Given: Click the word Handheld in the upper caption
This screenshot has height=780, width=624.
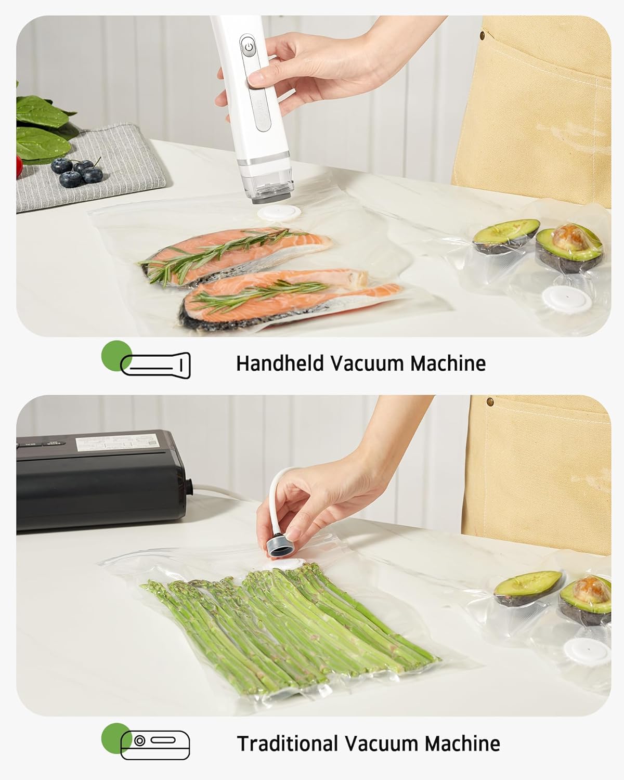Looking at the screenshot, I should (280, 363).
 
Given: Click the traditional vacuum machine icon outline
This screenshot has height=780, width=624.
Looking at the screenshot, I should (155, 745).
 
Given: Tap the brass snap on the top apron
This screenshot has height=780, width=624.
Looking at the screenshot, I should (483, 35).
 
